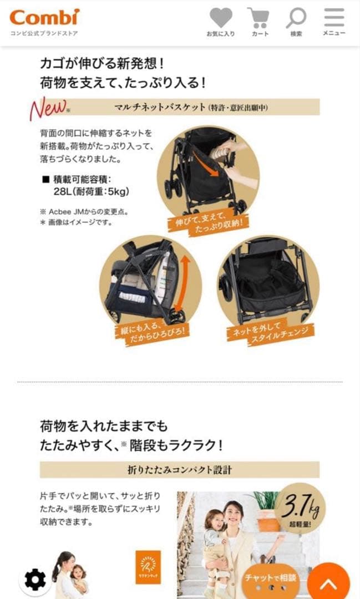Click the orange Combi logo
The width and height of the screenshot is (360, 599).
[44, 17]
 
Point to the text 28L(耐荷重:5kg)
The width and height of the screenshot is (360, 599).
[87, 192]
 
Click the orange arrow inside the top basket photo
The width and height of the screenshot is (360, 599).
[205, 165]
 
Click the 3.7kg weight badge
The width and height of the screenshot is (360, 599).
[300, 506]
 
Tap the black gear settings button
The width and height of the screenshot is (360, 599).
[36, 580]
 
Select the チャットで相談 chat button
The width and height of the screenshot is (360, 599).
[270, 578]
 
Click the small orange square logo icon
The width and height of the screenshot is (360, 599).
[148, 567]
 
